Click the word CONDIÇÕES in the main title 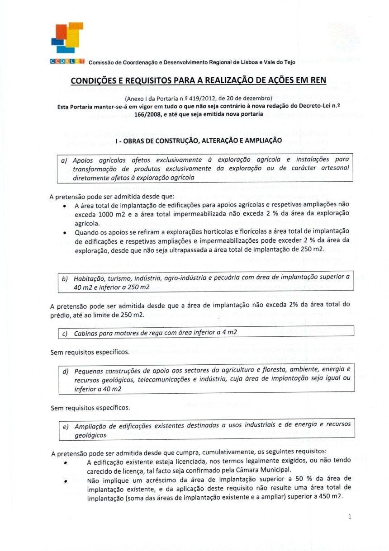click(93, 81)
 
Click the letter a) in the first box click(64, 160)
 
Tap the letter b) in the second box click(64, 278)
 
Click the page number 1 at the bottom click(350, 517)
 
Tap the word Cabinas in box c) click(88, 333)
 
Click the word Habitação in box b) click(90, 278)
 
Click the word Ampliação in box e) click(92, 426)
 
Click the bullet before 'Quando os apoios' click(66, 232)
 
